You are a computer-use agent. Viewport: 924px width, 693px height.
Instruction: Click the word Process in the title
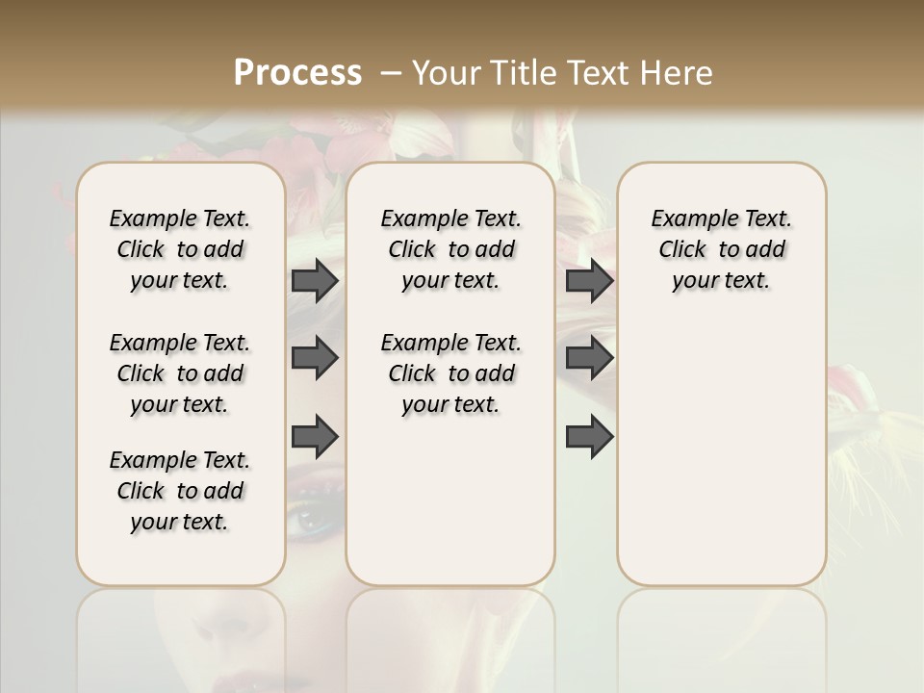[297, 72]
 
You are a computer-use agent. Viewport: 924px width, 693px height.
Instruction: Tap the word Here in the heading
[678, 72]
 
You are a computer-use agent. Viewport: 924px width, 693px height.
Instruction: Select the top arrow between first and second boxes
[315, 280]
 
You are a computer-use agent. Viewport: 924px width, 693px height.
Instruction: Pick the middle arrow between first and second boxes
[315, 358]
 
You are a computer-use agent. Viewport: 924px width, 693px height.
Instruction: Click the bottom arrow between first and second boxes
[315, 436]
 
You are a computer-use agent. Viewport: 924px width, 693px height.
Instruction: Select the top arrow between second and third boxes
[589, 280]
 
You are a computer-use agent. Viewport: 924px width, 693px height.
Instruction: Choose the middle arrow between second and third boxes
[589, 358]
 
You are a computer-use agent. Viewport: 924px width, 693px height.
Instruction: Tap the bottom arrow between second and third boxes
[589, 437]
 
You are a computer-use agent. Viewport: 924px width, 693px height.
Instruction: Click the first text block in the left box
[180, 249]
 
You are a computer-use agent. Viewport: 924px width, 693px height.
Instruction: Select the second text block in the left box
[180, 373]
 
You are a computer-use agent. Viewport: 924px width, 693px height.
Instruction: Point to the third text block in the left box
[180, 491]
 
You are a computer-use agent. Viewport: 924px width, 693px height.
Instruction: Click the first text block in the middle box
[451, 249]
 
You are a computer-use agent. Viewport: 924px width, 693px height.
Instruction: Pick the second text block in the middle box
[451, 373]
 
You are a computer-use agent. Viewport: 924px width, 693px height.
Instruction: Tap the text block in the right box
[722, 249]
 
